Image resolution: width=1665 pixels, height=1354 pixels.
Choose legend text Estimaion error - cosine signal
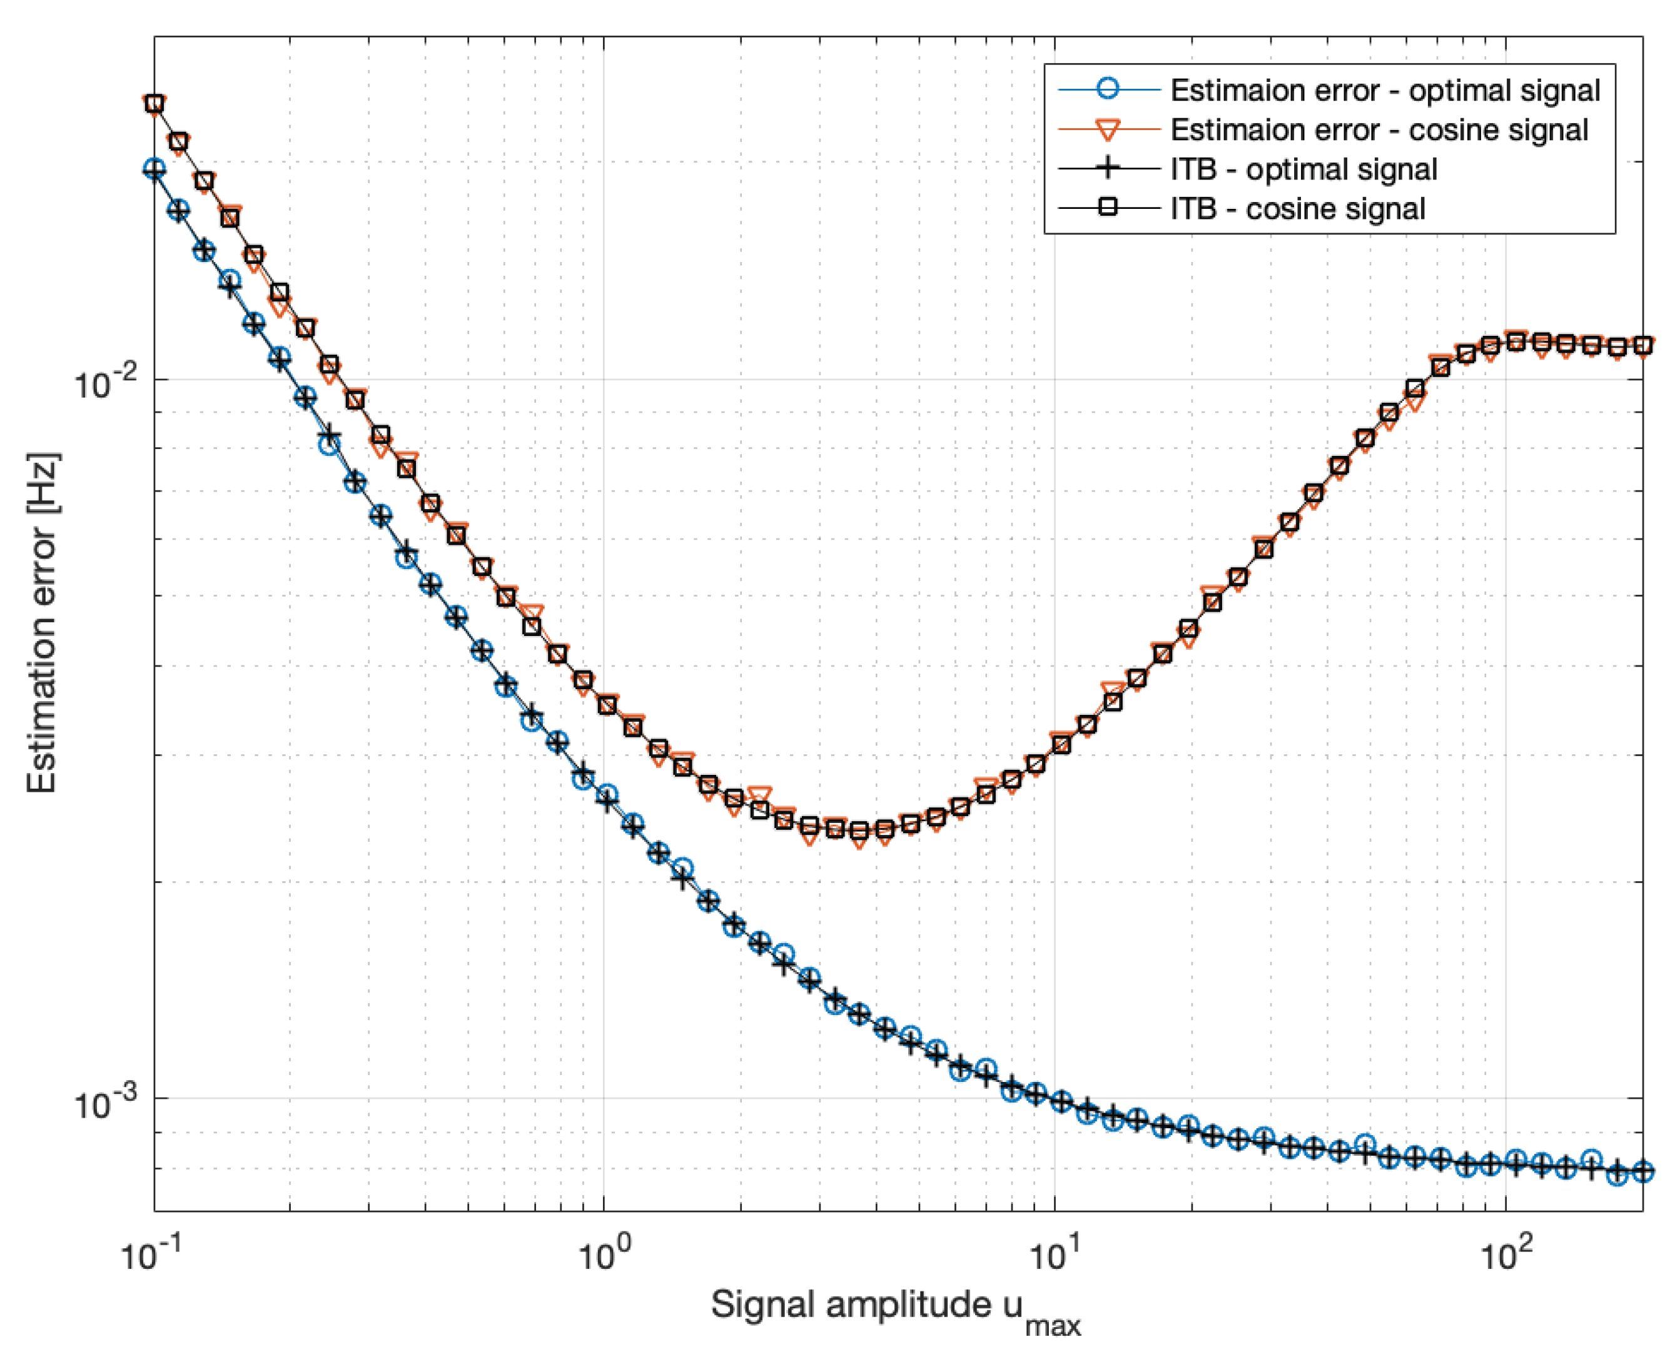coord(1379,129)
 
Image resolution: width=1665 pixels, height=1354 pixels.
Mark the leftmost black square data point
coord(154,104)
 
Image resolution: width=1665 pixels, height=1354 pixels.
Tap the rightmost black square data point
coord(1642,345)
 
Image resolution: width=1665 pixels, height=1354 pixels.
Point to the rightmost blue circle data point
coord(1642,1171)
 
